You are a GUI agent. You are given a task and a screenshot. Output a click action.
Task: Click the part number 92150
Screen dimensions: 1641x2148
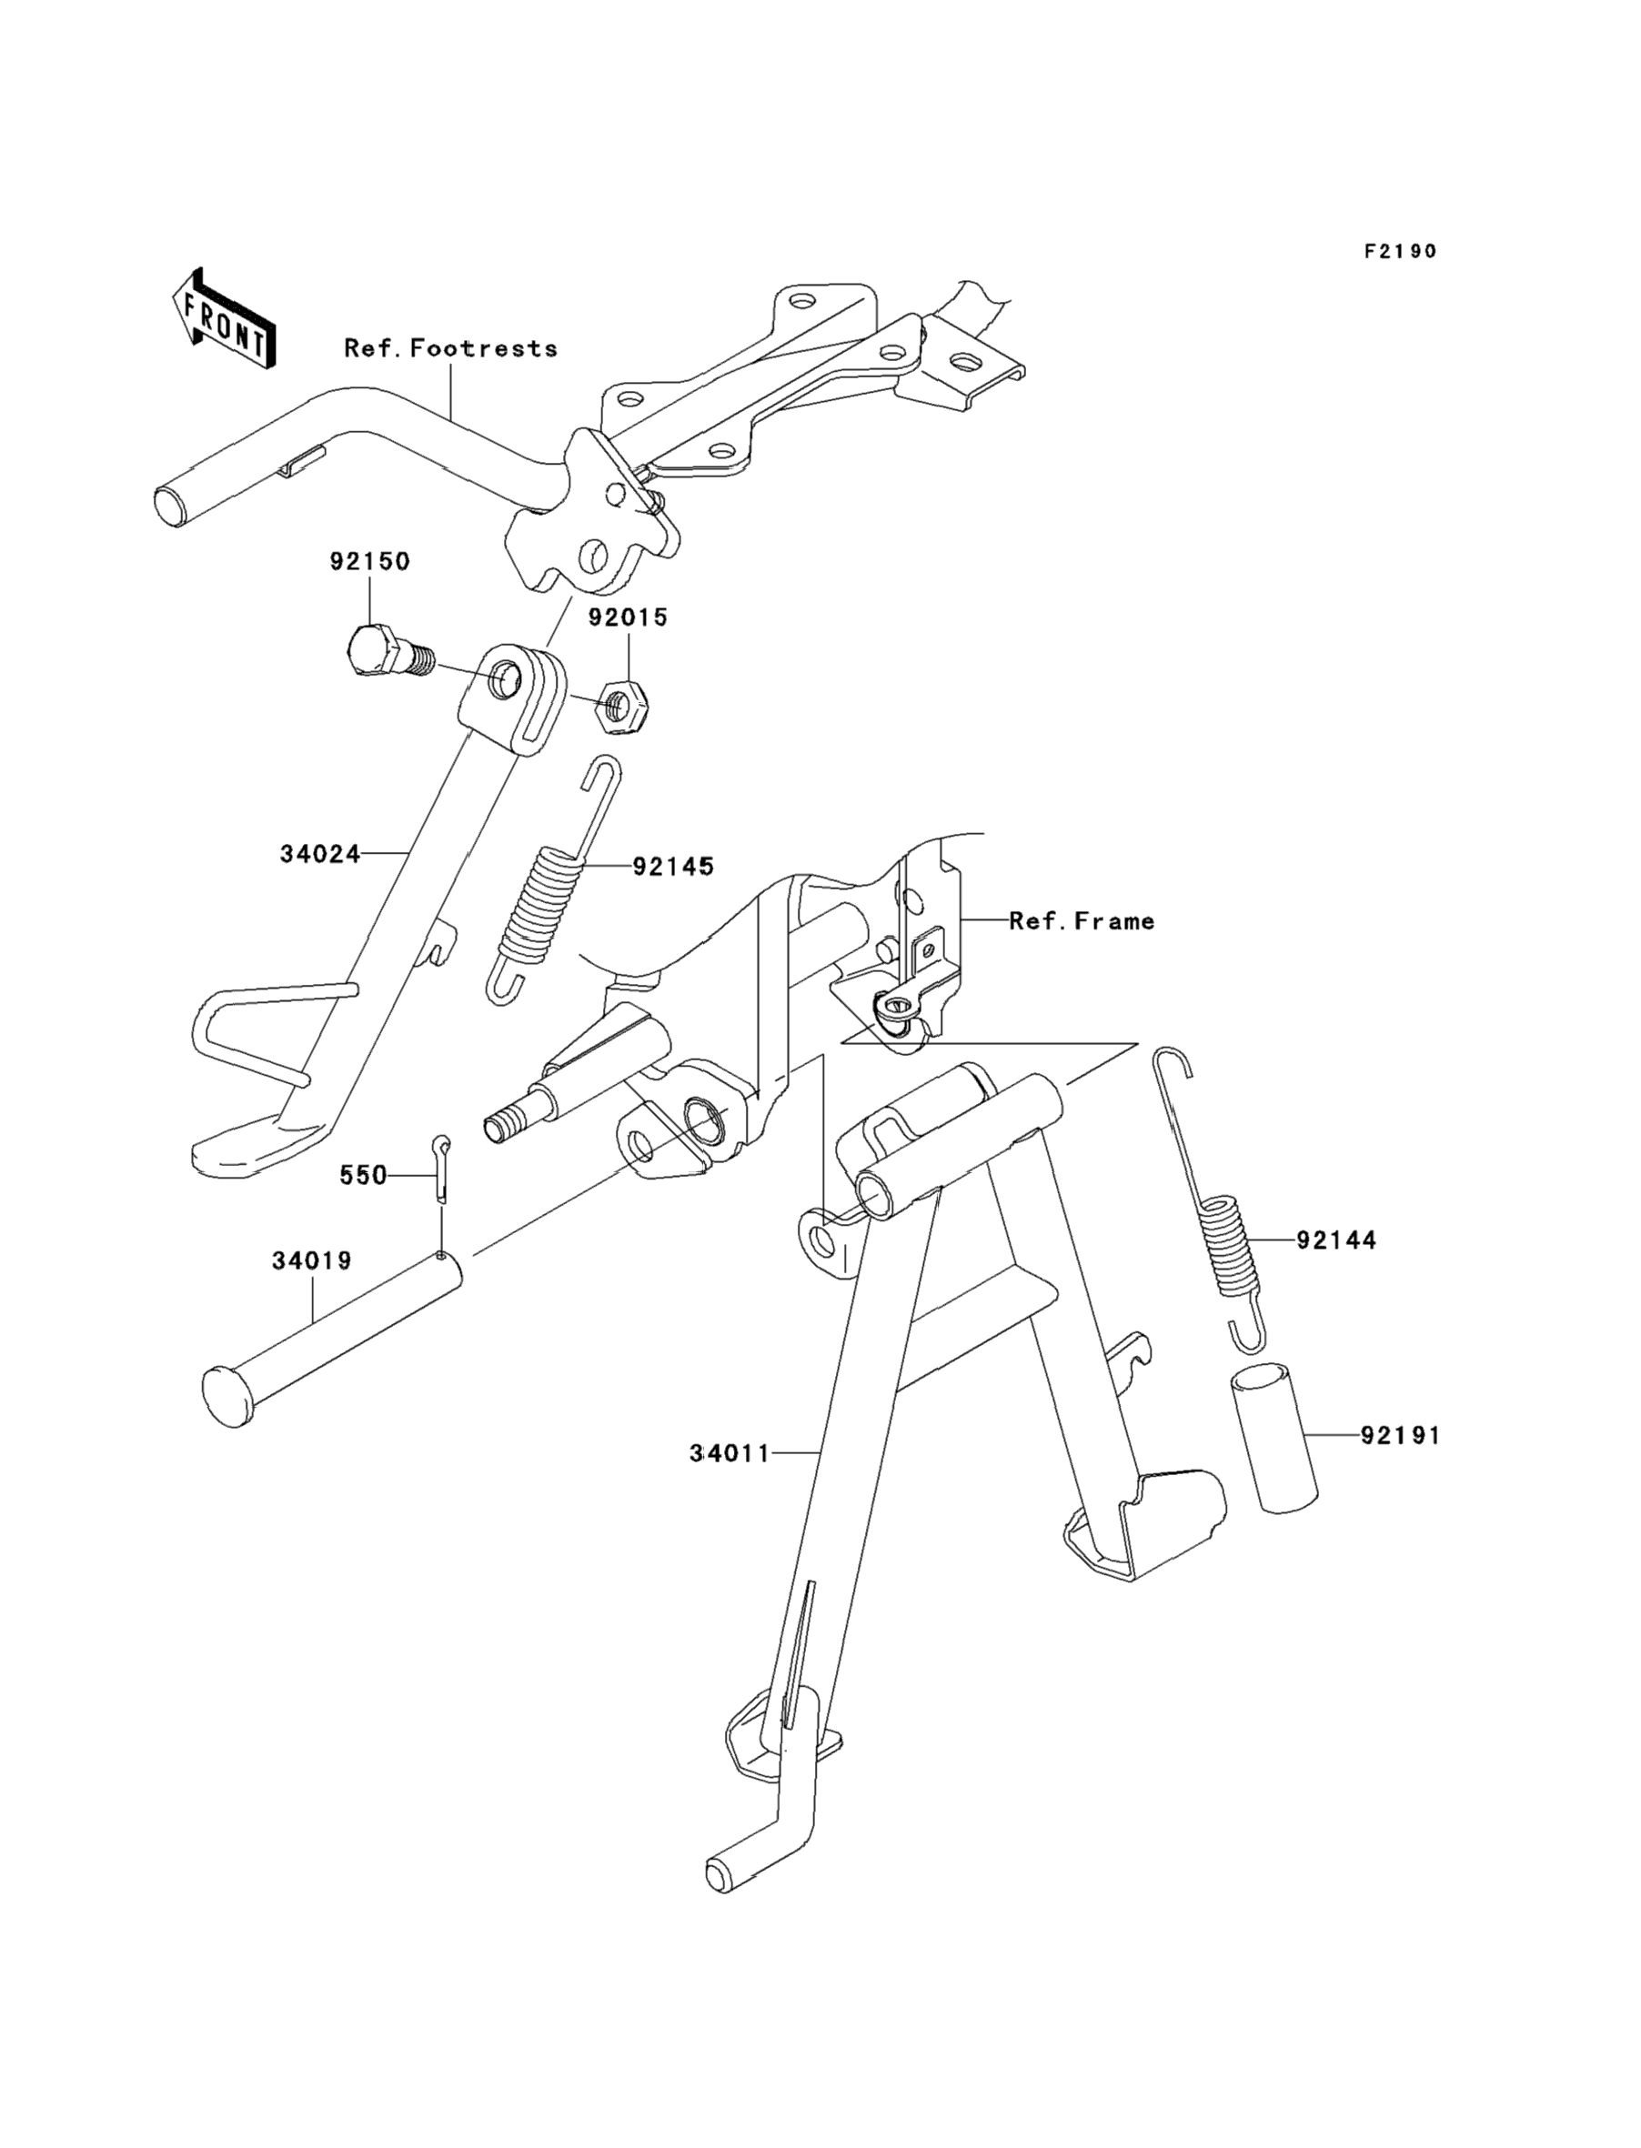coord(369,561)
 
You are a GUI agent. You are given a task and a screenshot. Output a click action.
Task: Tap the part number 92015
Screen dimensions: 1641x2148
coord(628,617)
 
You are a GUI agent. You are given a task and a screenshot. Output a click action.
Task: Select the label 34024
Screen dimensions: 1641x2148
coord(320,854)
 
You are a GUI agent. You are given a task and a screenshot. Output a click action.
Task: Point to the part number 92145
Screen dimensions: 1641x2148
coord(673,866)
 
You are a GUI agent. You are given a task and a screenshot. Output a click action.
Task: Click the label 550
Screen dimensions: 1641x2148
coord(363,1176)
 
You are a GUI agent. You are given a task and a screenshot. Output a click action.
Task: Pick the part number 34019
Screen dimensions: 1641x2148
coord(312,1260)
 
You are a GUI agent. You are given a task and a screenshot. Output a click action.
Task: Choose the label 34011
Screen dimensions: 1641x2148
coord(730,1481)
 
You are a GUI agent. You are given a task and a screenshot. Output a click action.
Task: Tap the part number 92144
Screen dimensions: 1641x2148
coord(1336,1240)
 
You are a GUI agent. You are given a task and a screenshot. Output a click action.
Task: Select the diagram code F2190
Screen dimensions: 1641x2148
coord(1401,251)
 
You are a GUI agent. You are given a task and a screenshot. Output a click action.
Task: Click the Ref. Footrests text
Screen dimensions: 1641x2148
coord(451,348)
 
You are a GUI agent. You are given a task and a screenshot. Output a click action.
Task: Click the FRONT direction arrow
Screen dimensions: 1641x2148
coord(223,319)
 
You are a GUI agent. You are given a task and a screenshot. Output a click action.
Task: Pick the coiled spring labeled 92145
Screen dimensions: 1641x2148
coord(543,879)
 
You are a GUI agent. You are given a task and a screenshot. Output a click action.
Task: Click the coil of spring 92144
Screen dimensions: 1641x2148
coord(1231,1247)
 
